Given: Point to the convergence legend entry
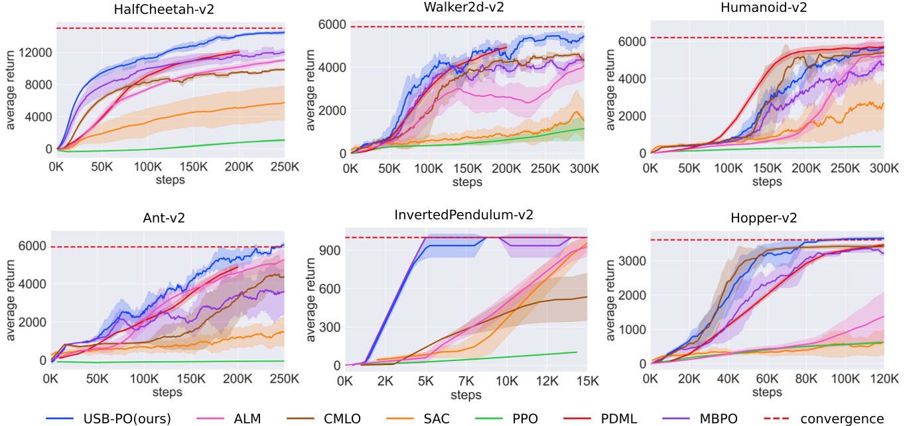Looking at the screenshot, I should coord(842,418).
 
